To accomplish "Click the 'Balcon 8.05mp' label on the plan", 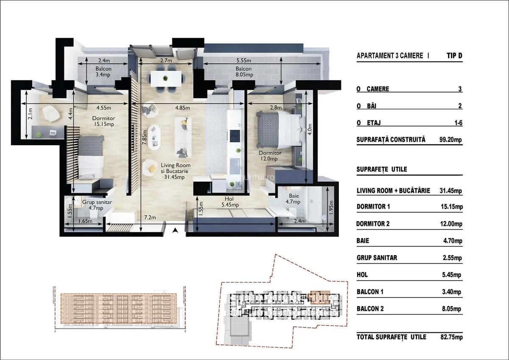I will point(243,72).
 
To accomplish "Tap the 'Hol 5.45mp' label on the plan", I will point(231,202).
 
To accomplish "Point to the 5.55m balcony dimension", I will point(243,60).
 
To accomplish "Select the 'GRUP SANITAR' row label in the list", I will point(377,258).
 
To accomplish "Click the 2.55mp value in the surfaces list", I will point(451,258).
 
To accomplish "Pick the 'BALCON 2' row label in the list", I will point(370,309).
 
